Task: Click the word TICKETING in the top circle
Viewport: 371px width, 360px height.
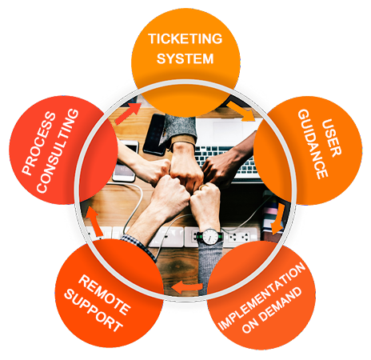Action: [x=185, y=38]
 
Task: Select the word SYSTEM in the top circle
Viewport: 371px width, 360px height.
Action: [x=185, y=58]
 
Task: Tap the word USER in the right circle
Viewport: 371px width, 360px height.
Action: [x=331, y=138]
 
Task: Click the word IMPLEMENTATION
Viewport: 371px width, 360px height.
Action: [x=261, y=296]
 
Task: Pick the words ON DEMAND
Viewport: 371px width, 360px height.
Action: [x=272, y=310]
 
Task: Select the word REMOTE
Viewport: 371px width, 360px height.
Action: [x=104, y=294]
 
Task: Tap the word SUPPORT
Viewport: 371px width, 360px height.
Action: [x=94, y=310]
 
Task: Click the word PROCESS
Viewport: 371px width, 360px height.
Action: [x=39, y=143]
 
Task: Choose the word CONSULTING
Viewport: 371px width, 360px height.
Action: [x=58, y=150]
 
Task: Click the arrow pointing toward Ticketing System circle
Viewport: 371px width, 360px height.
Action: [x=128, y=114]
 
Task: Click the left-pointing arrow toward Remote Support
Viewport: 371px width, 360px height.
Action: [x=187, y=287]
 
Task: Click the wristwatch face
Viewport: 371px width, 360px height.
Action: [x=210, y=236]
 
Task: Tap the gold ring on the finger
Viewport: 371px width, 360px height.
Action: [x=203, y=186]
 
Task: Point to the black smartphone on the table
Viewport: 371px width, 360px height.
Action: [x=154, y=134]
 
